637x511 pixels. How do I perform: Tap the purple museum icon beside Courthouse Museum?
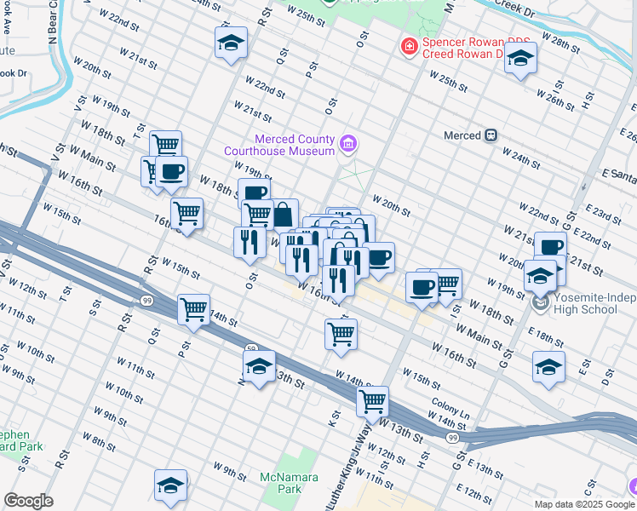pyautogui.click(x=347, y=145)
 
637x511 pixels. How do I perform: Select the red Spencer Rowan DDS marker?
pyautogui.click(x=410, y=46)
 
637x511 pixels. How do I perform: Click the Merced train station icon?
pyautogui.click(x=491, y=135)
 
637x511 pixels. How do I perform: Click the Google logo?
pyautogui.click(x=28, y=501)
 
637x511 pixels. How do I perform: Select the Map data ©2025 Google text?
pyautogui.click(x=571, y=504)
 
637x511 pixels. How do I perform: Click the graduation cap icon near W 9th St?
pyautogui.click(x=171, y=485)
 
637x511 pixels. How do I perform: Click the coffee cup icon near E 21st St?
pyautogui.click(x=550, y=247)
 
